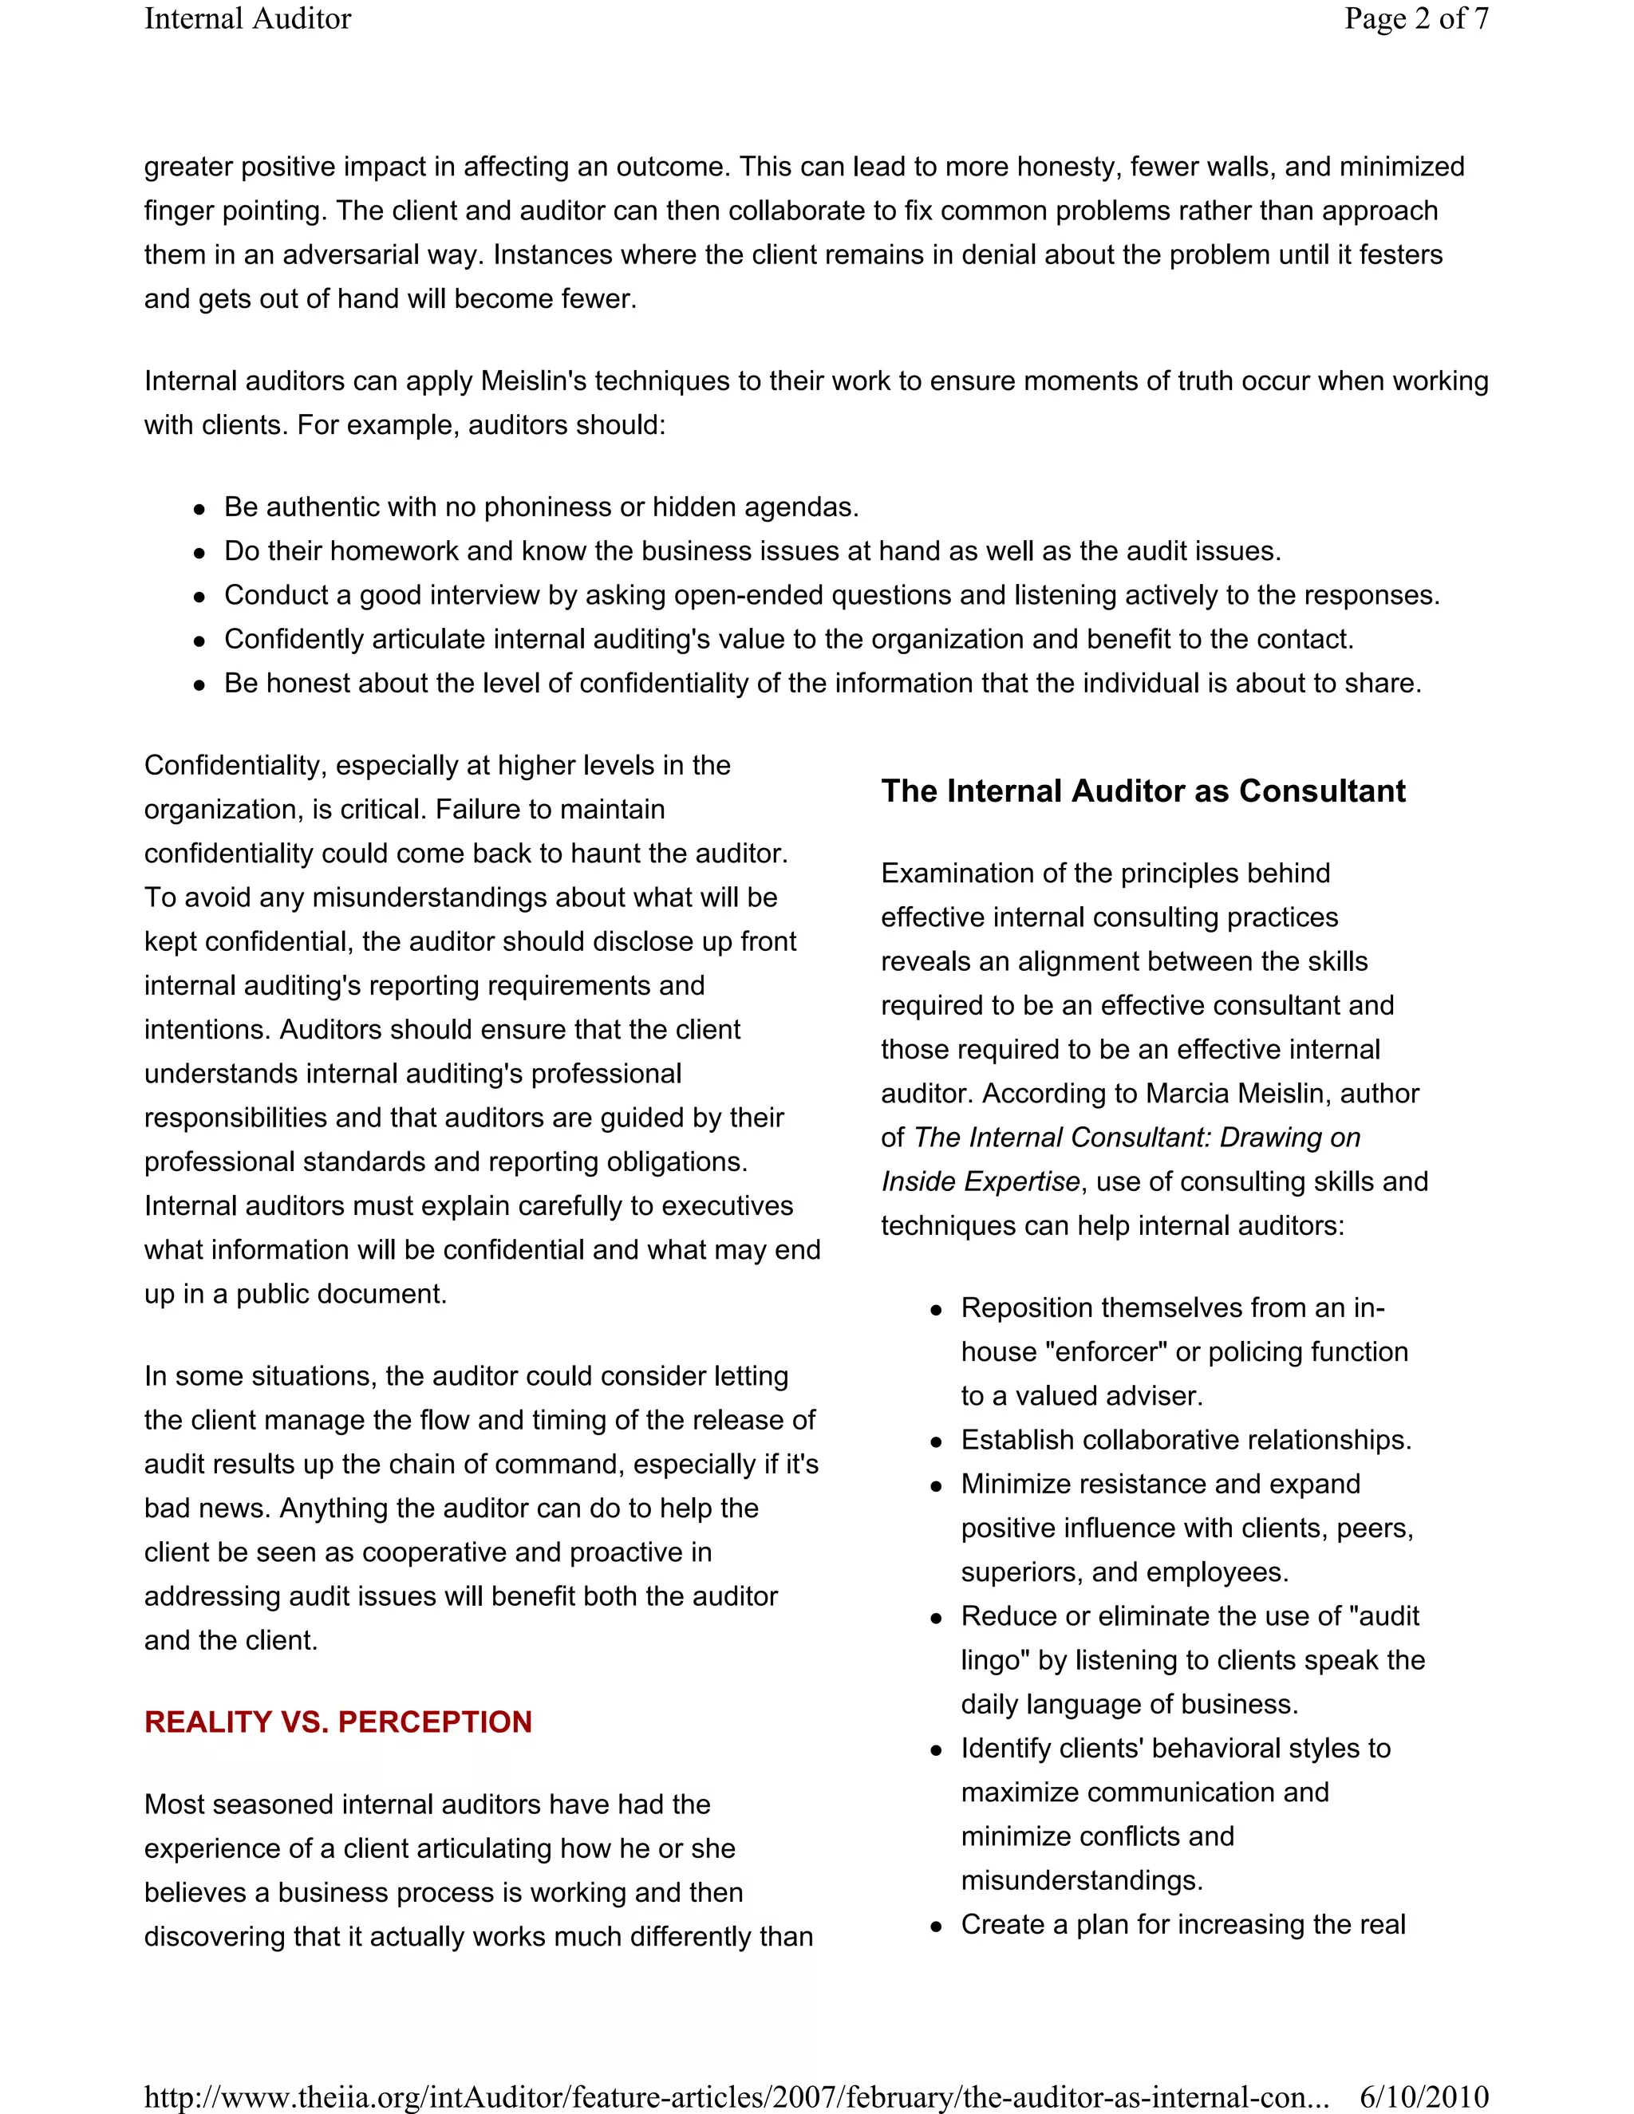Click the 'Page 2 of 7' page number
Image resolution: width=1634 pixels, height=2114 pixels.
coord(1415,19)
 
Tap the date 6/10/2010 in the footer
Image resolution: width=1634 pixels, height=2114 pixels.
coord(1423,2096)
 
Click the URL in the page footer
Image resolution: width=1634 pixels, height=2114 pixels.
coord(736,2096)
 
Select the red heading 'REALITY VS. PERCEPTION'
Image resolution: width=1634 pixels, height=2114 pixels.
coord(337,1722)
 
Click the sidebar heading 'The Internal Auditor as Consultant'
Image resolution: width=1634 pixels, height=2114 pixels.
coord(1143,791)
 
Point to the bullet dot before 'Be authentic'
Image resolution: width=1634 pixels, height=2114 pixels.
coord(199,509)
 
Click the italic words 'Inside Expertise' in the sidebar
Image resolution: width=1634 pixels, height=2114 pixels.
coord(980,1182)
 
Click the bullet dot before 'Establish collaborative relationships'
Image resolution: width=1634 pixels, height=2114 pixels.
coord(936,1442)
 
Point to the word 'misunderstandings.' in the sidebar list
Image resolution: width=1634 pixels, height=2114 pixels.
coord(1081,1881)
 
